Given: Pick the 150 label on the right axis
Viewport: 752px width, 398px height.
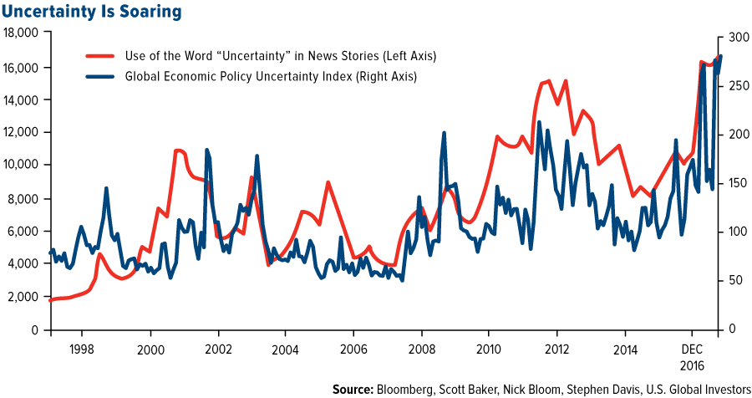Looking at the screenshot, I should tap(731, 183).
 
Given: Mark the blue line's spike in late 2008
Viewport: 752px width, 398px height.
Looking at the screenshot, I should tap(444, 133).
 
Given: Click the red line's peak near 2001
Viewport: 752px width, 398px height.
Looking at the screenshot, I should tap(178, 151).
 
